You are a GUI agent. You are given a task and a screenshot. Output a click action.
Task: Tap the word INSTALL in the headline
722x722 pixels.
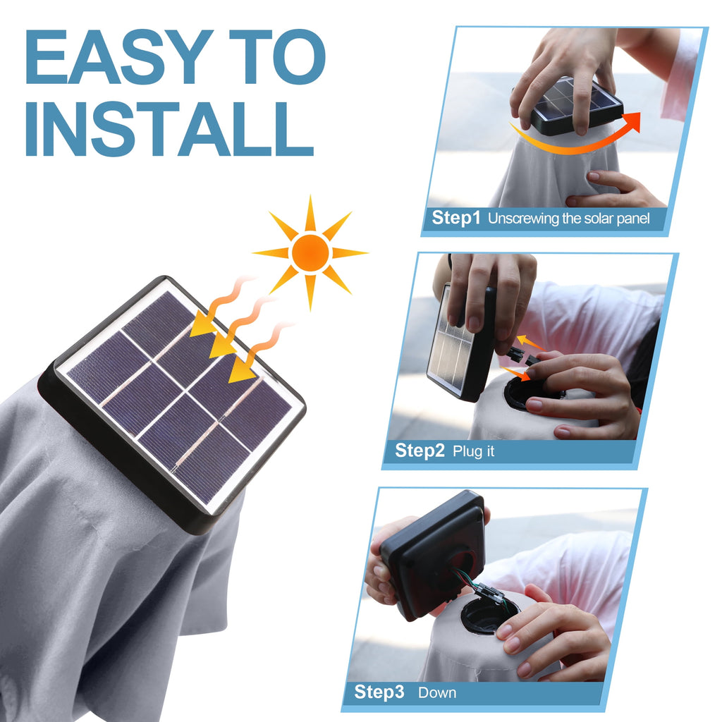click(169, 129)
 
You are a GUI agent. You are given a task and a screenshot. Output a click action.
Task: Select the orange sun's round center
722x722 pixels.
click(310, 253)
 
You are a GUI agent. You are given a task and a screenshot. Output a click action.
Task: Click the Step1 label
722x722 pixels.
click(455, 217)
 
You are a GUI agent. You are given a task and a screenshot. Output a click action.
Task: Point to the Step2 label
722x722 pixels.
click(420, 451)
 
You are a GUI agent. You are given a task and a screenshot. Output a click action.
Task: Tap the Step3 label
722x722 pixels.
click(379, 692)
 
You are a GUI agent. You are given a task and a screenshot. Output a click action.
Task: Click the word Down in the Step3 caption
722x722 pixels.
click(437, 692)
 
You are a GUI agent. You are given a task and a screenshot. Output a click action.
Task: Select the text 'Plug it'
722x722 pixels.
click(473, 451)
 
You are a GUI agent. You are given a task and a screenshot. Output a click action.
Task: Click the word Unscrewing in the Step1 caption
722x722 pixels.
click(523, 219)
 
